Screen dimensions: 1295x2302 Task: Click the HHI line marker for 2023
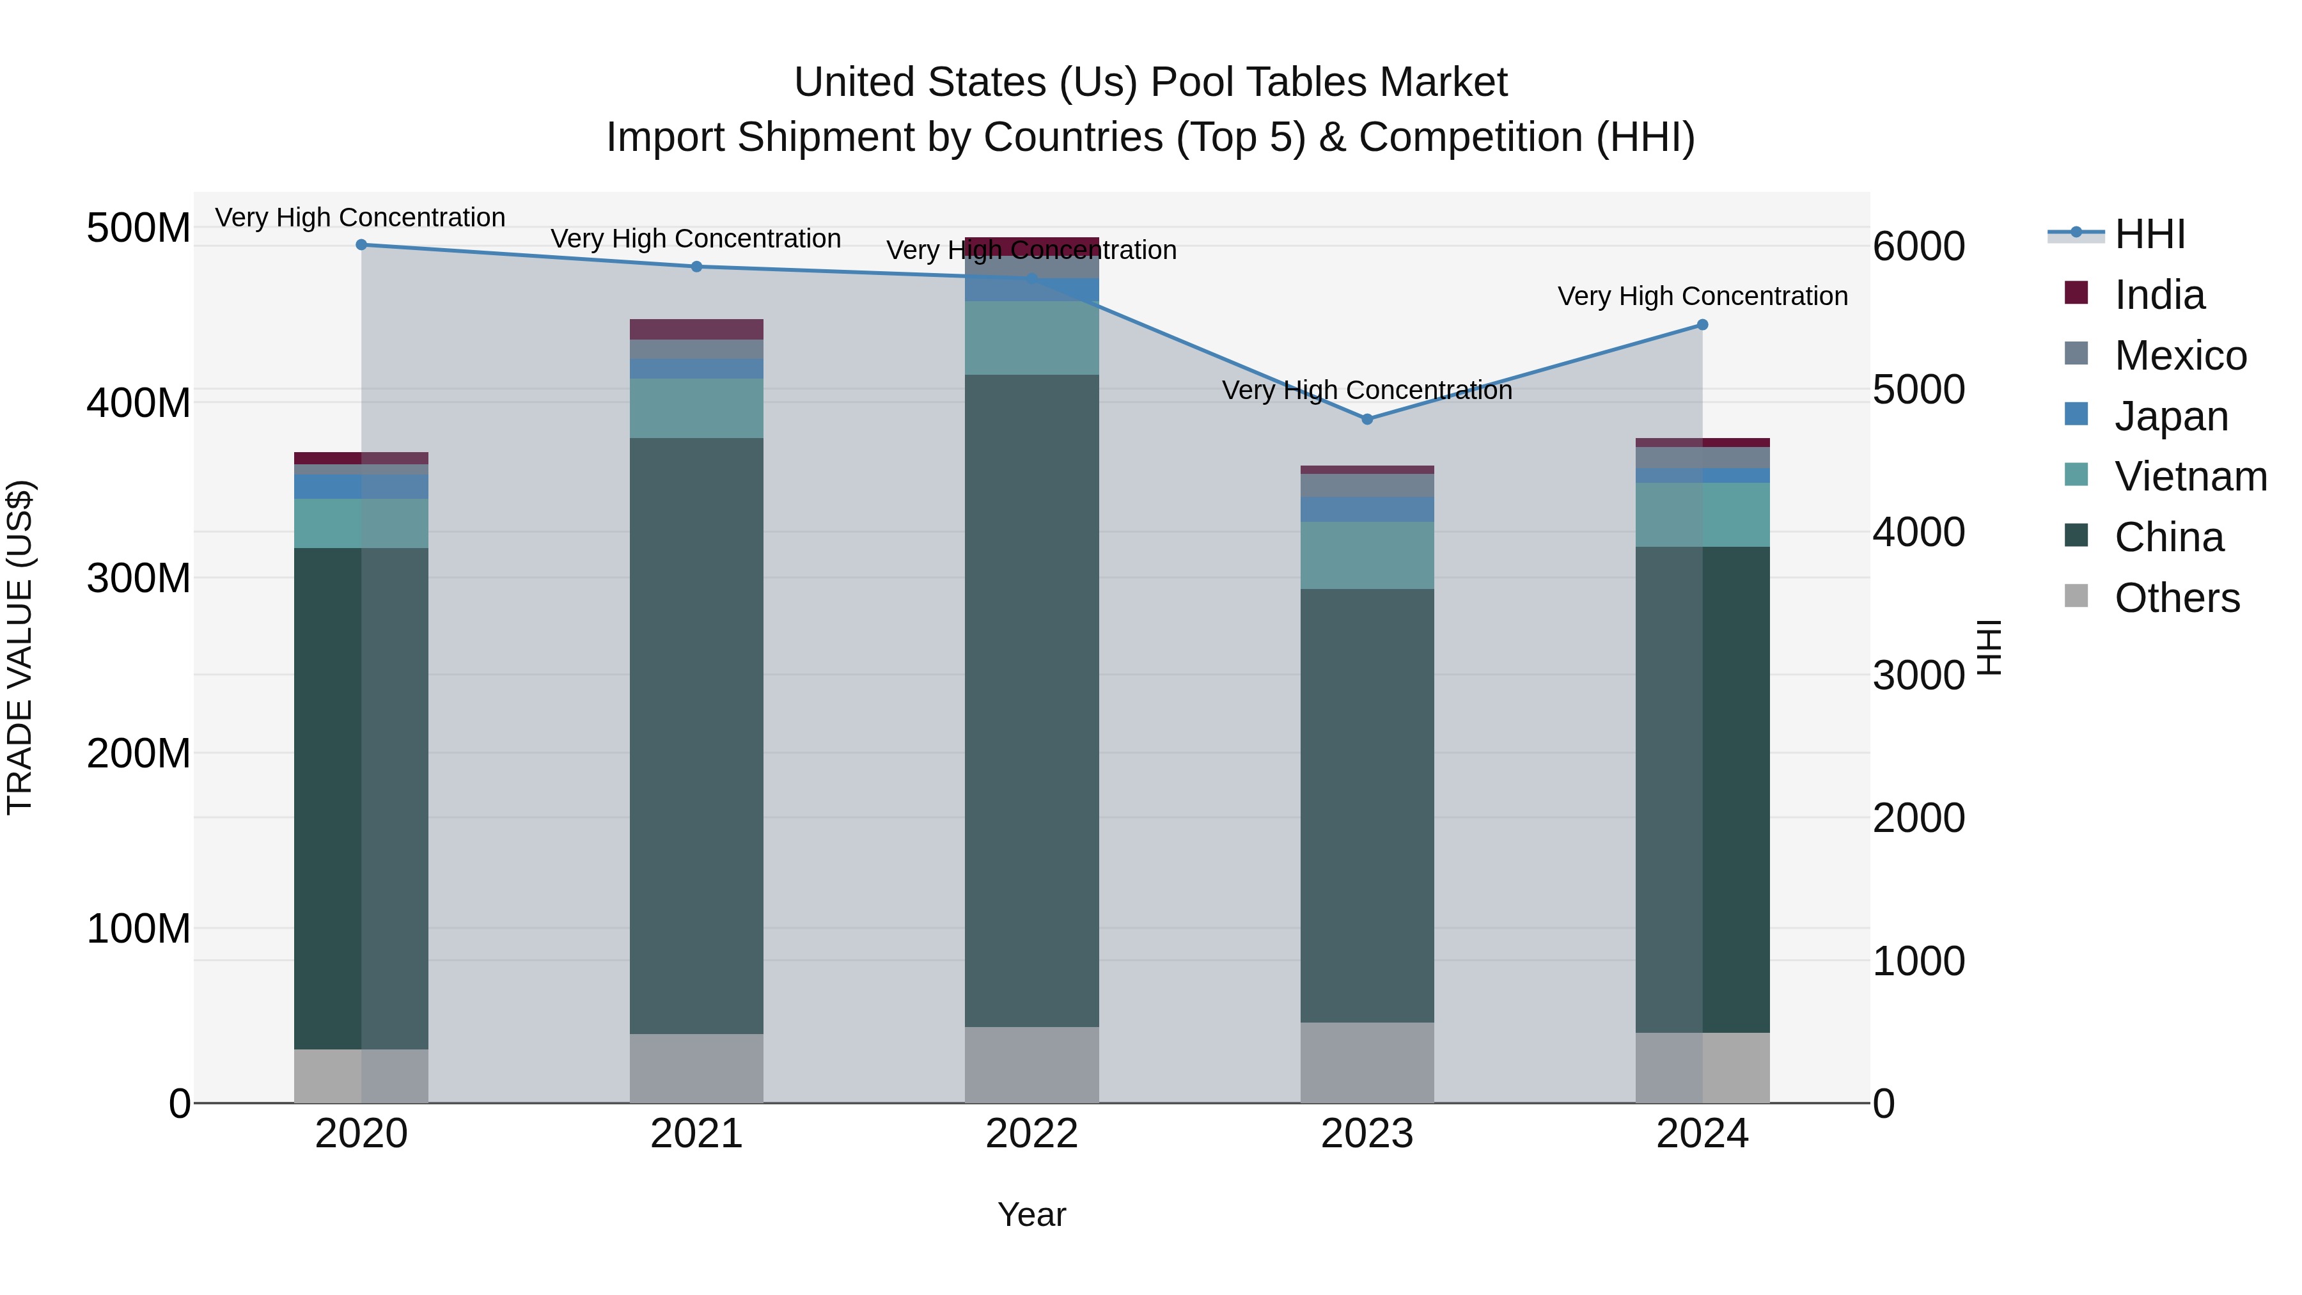pyautogui.click(x=1366, y=419)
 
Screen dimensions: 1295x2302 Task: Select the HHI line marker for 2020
pyautogui.click(x=361, y=245)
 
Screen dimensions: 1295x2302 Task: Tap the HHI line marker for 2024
pyautogui.click(x=1702, y=326)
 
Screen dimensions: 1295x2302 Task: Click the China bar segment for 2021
pyautogui.click(x=696, y=735)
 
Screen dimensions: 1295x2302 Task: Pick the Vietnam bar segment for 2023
pyautogui.click(x=1366, y=555)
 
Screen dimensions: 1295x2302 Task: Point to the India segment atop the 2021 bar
pyautogui.click(x=696, y=329)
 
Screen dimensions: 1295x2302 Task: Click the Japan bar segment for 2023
pyautogui.click(x=1366, y=510)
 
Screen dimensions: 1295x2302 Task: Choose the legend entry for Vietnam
pyautogui.click(x=2189, y=476)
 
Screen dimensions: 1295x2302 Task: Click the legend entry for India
pyautogui.click(x=2158, y=295)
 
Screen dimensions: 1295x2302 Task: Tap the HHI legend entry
pyautogui.click(x=2149, y=234)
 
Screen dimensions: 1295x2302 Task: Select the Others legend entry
pyautogui.click(x=2176, y=598)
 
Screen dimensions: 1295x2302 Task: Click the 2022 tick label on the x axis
pyautogui.click(x=1031, y=1134)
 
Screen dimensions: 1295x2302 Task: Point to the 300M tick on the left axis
pyautogui.click(x=139, y=578)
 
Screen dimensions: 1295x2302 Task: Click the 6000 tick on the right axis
pyautogui.click(x=1918, y=247)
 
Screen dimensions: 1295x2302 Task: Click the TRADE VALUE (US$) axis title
pyautogui.click(x=20, y=647)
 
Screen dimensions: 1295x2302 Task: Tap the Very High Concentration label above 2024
pyautogui.click(x=1702, y=296)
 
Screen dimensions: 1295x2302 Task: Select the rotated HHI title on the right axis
pyautogui.click(x=1989, y=647)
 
